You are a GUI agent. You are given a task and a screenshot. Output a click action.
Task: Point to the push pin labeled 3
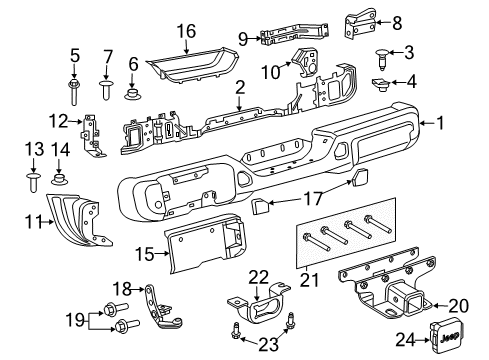(x=384, y=54)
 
